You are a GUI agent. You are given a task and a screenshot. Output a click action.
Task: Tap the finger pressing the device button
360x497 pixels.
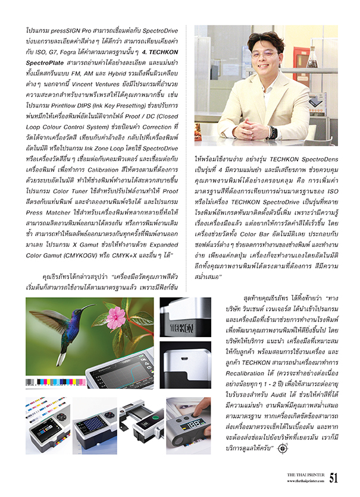(x=202, y=411)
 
